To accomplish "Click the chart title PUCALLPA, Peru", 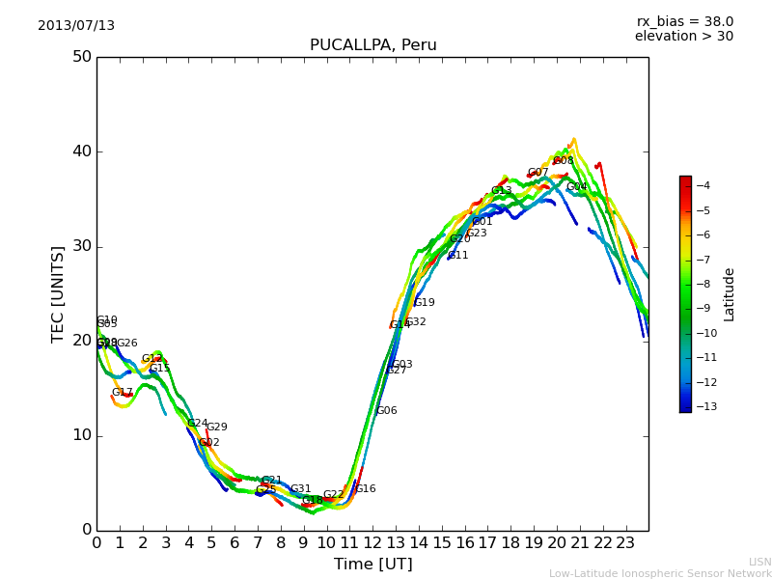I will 372,45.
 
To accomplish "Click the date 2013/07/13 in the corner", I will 76,26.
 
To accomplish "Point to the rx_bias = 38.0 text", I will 684,22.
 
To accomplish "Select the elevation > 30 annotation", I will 683,37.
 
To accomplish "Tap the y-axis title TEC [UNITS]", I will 58,293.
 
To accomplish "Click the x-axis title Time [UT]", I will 372,564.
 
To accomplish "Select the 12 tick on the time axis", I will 372,542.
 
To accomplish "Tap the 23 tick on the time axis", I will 625,542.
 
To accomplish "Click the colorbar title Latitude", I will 730,294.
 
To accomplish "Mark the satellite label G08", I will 564,161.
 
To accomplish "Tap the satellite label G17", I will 123,393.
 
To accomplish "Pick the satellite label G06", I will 387,411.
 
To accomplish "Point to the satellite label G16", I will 366,489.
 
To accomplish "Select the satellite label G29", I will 217,427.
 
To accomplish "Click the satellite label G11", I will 458,256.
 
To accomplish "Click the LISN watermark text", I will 759,562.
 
